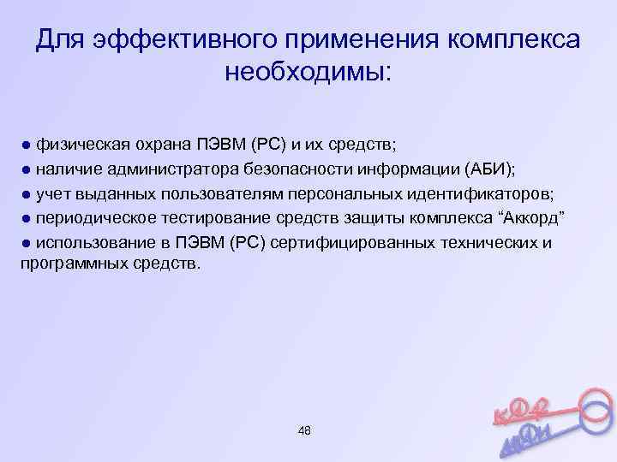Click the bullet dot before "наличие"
coord(27,168)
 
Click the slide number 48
coord(304,429)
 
